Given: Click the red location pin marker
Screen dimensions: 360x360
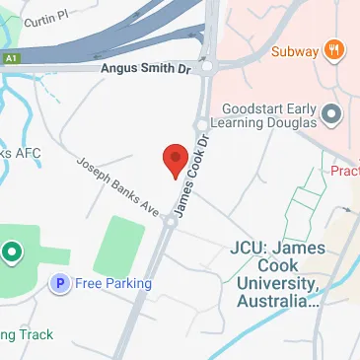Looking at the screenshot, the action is (x=175, y=159).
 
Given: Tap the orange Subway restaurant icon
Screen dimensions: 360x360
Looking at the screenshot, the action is (x=335, y=49).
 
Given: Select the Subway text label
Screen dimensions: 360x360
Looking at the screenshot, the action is (x=293, y=50).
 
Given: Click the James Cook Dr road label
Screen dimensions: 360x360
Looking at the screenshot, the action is (x=192, y=179).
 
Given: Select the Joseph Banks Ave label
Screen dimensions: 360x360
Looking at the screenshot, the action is (x=117, y=186).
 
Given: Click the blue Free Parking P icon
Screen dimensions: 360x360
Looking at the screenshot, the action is (x=60, y=284).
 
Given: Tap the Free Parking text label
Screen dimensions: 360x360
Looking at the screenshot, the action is (x=113, y=284).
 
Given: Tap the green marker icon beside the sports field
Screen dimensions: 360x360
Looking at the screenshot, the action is (x=12, y=253).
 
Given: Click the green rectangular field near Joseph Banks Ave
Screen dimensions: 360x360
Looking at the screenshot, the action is (x=119, y=247).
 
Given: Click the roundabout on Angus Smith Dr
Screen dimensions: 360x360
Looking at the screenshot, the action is (x=205, y=67).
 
